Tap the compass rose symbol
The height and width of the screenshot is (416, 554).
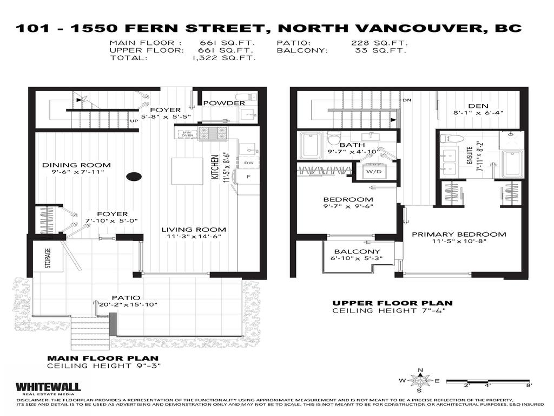pyautogui.click(x=419, y=380)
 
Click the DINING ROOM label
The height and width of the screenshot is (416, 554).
pyautogui.click(x=76, y=165)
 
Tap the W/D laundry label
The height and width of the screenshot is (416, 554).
pyautogui.click(x=373, y=171)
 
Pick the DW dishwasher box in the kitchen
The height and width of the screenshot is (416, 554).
pyautogui.click(x=249, y=162)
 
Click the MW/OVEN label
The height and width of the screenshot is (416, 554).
pyautogui.click(x=187, y=134)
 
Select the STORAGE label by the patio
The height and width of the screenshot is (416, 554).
pyautogui.click(x=48, y=258)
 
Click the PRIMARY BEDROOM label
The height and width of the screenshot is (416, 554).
pyautogui.click(x=459, y=235)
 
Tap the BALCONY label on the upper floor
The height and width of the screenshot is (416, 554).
pyautogui.click(x=357, y=252)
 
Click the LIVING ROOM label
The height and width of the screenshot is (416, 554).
pyautogui.click(x=194, y=229)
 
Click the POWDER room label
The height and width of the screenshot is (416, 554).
pyautogui.click(x=224, y=103)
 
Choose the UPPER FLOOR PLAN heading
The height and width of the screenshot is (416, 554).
pyautogui.click(x=392, y=303)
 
